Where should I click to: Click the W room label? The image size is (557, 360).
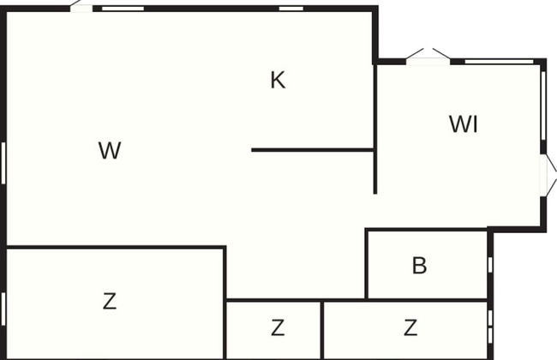click(x=109, y=151)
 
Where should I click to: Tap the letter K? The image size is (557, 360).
click(x=278, y=81)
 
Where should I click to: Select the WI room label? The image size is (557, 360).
click(x=463, y=124)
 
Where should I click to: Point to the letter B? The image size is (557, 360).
click(x=419, y=266)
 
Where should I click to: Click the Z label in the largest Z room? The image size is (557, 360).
click(x=109, y=302)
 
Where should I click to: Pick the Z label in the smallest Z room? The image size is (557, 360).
click(x=277, y=327)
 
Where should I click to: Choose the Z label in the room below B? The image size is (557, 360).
click(x=410, y=327)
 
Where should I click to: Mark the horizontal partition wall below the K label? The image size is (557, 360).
click(x=313, y=150)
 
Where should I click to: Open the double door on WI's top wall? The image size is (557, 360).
click(x=428, y=57)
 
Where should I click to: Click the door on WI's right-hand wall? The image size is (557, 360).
click(x=548, y=177)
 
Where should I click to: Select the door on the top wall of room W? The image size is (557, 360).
click(x=81, y=6)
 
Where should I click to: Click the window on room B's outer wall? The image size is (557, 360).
click(x=490, y=264)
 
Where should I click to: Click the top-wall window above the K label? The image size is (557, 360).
click(x=291, y=8)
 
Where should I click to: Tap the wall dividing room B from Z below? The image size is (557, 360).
click(x=427, y=300)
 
